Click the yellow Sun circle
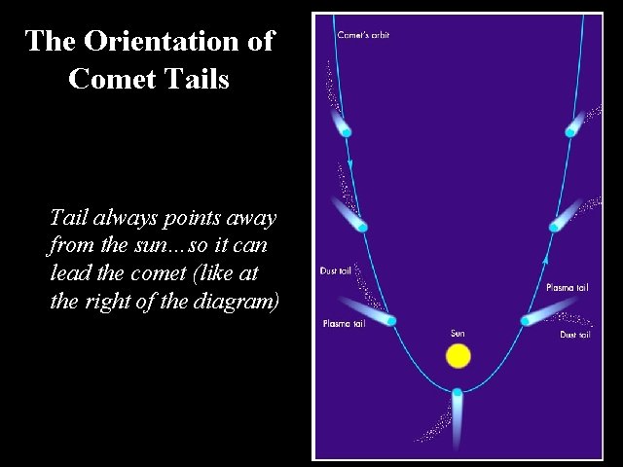[x=458, y=355]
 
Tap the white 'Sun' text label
[x=458, y=334]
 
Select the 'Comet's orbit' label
[x=363, y=35]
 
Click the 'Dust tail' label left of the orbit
[x=335, y=270]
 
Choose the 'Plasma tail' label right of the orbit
[x=566, y=288]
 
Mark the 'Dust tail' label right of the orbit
[x=574, y=335]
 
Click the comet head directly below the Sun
[x=458, y=393]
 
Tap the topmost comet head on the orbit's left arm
[x=346, y=130]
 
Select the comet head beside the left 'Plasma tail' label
[x=391, y=320]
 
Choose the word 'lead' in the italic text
[x=69, y=273]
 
